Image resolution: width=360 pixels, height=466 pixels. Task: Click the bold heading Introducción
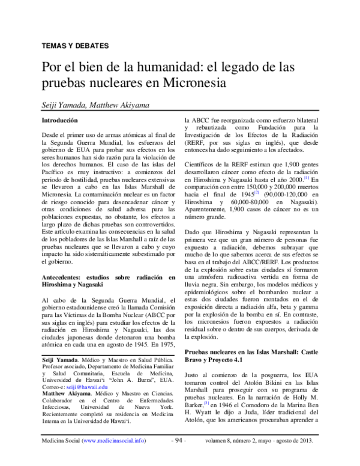[x=59, y=120]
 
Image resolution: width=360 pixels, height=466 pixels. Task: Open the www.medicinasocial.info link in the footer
[x=113, y=457]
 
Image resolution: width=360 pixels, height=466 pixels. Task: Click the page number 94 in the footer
[x=179, y=457]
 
